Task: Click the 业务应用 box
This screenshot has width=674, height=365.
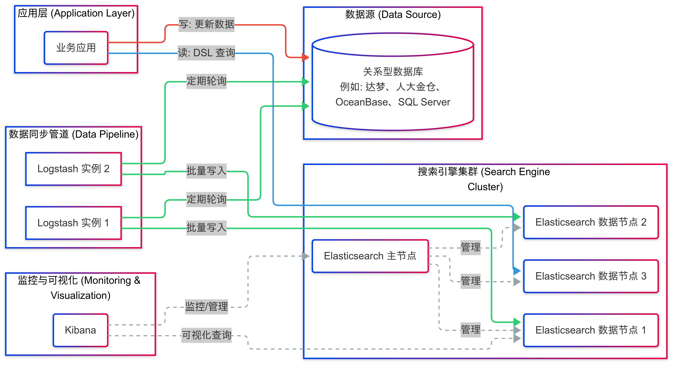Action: (76, 48)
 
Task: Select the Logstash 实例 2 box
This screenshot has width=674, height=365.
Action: (73, 169)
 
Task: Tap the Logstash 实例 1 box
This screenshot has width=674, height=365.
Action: (73, 223)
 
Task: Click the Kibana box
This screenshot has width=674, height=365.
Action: (80, 330)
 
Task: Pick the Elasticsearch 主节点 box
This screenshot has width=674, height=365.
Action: (370, 256)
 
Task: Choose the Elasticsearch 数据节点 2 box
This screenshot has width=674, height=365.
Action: (591, 222)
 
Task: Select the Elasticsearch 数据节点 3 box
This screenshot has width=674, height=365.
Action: (591, 276)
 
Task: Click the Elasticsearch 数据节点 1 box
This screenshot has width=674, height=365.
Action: (591, 330)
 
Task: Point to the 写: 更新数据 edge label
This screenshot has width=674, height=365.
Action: (206, 24)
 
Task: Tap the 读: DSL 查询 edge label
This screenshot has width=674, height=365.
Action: (206, 53)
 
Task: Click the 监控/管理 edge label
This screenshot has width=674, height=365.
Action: (206, 307)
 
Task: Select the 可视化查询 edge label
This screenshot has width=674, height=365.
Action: (206, 335)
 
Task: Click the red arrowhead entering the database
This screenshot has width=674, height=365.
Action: (305, 57)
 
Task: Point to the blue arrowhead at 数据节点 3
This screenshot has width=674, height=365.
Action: (517, 271)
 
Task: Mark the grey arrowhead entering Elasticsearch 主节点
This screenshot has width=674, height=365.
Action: (305, 256)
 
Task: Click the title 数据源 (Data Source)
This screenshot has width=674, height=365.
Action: (393, 14)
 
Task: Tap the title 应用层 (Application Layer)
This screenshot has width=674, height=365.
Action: (76, 13)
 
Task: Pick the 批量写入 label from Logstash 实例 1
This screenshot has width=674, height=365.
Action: (206, 228)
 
